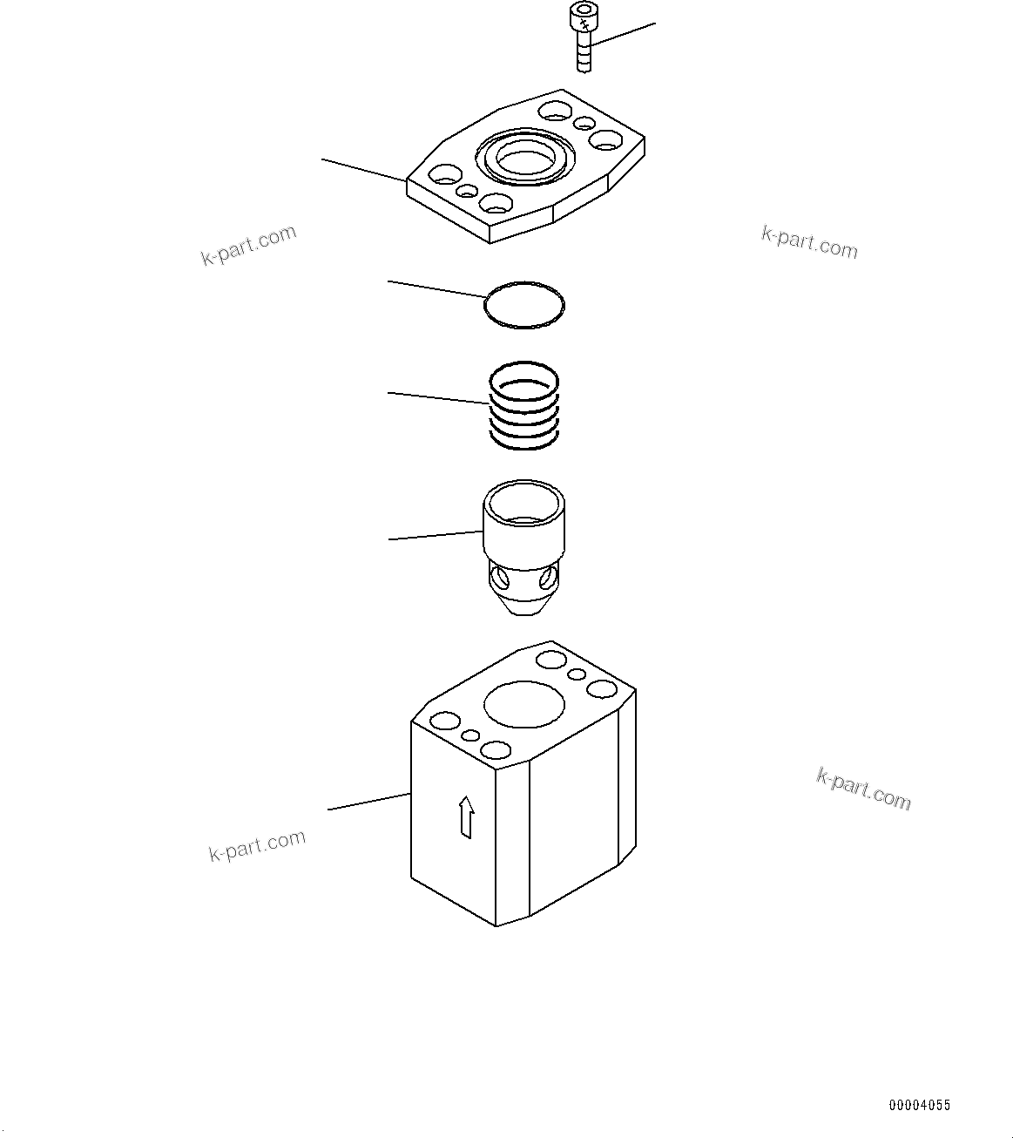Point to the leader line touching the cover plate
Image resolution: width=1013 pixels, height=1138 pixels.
click(364, 170)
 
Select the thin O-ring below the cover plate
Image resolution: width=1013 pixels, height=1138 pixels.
click(524, 305)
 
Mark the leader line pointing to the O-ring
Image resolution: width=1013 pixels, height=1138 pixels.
click(436, 289)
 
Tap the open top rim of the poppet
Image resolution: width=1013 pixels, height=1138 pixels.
click(524, 502)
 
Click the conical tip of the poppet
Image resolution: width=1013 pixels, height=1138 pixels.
click(523, 606)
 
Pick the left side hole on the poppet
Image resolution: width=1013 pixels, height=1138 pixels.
click(498, 577)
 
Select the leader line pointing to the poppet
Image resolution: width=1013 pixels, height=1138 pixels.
click(435, 536)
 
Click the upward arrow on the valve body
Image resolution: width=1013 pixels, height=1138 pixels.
click(467, 816)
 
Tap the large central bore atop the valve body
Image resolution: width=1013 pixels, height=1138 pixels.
click(525, 703)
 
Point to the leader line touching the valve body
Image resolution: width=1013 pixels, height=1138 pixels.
click(368, 802)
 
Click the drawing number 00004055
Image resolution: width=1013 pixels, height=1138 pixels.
click(919, 1106)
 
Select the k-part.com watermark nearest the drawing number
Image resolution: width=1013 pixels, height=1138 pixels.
click(863, 789)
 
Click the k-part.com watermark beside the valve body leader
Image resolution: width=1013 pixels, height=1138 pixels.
click(257, 845)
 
